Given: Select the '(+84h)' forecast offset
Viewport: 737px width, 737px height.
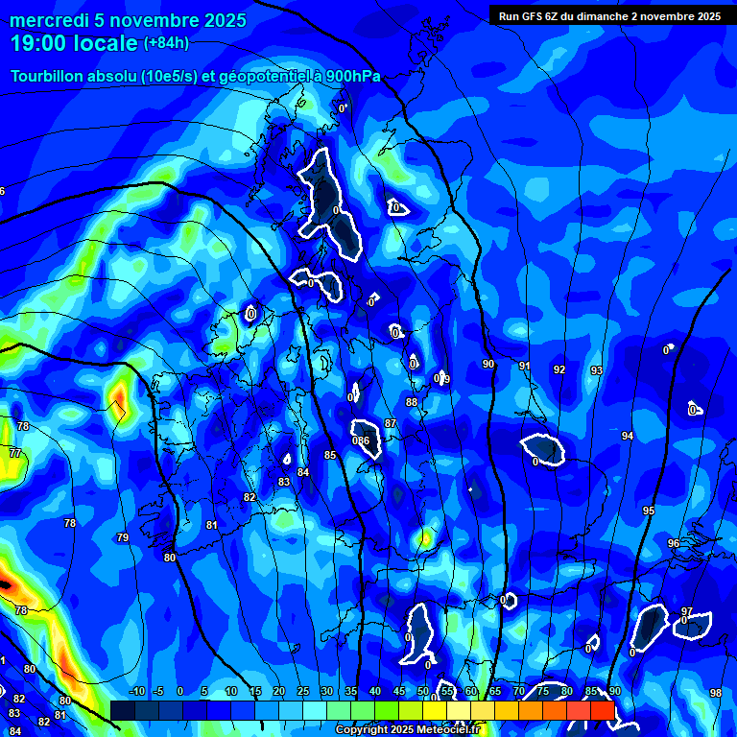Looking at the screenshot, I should pos(166,43).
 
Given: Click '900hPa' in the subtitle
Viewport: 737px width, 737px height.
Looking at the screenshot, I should pos(352,77).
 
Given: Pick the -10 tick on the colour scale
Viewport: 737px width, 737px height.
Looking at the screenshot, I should pos(137,691).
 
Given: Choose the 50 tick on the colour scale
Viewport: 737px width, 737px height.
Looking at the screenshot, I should pos(423,691).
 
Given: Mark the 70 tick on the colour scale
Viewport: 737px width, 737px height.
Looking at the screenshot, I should pos(519,691).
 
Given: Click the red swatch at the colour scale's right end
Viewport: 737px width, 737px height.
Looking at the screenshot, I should pos(602,710).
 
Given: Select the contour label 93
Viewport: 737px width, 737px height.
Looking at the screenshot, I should pos(597,370).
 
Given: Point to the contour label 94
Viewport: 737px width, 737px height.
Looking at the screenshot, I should pos(628,436).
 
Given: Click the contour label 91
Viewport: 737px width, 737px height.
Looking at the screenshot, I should pos(524,366).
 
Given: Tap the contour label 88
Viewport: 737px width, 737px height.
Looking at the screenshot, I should pos(412,402).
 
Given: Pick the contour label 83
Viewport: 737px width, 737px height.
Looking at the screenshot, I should pos(284,482).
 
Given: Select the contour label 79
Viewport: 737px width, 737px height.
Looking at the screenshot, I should pos(123,537).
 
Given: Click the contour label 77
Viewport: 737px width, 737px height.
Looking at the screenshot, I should pos(15,453).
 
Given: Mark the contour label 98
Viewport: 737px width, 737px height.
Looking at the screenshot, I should pos(715,693).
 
